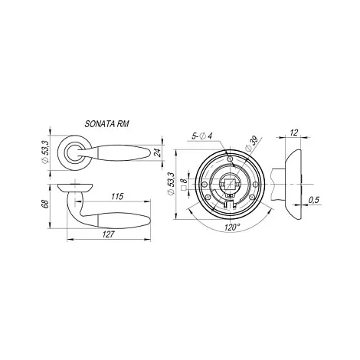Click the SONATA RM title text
coord(106,124)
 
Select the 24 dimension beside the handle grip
coord(158,152)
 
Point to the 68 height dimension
coord(45,205)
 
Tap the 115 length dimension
coord(117,196)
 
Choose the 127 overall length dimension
coord(109,234)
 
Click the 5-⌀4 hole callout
coord(202,136)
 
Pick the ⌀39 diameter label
coord(251,143)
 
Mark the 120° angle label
coord(232,227)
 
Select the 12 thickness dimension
coord(294,133)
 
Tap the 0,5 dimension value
coord(314,200)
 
